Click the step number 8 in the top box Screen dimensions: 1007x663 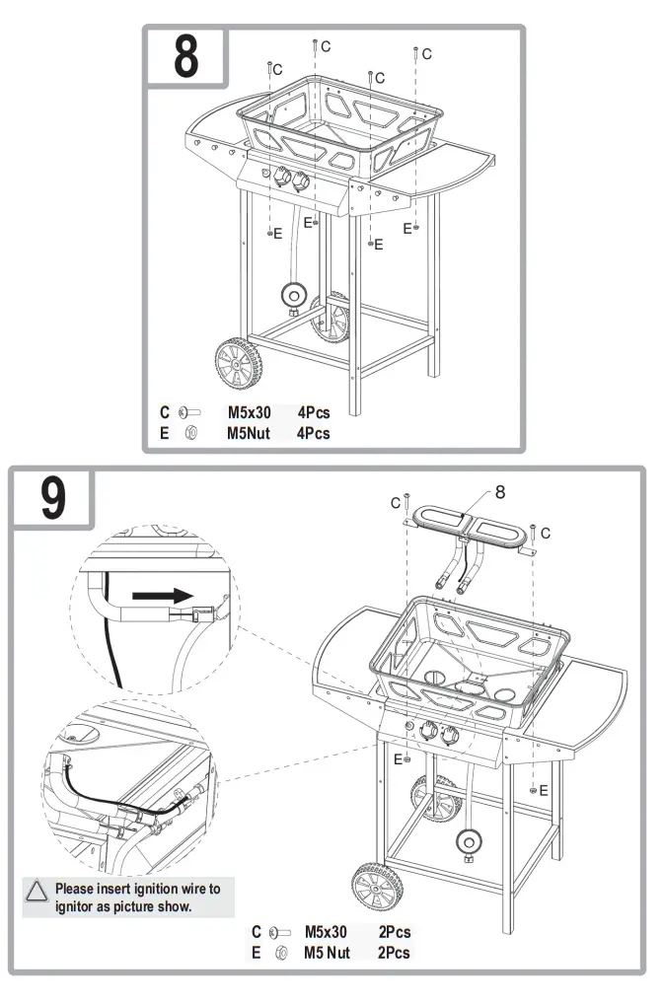[186, 58]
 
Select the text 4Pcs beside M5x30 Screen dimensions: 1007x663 [314, 413]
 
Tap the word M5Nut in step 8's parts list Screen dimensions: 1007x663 [249, 432]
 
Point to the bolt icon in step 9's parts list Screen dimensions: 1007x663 [280, 932]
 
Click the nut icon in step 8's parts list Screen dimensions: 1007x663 [191, 433]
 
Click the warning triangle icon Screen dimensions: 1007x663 [37, 891]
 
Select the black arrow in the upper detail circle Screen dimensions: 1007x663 [160, 596]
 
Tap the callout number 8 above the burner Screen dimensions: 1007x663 [499, 492]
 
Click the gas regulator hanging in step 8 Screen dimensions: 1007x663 [293, 295]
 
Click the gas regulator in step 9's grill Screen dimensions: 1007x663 [469, 842]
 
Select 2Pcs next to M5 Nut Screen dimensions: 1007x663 [394, 952]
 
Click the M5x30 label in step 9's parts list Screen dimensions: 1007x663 [326, 932]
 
